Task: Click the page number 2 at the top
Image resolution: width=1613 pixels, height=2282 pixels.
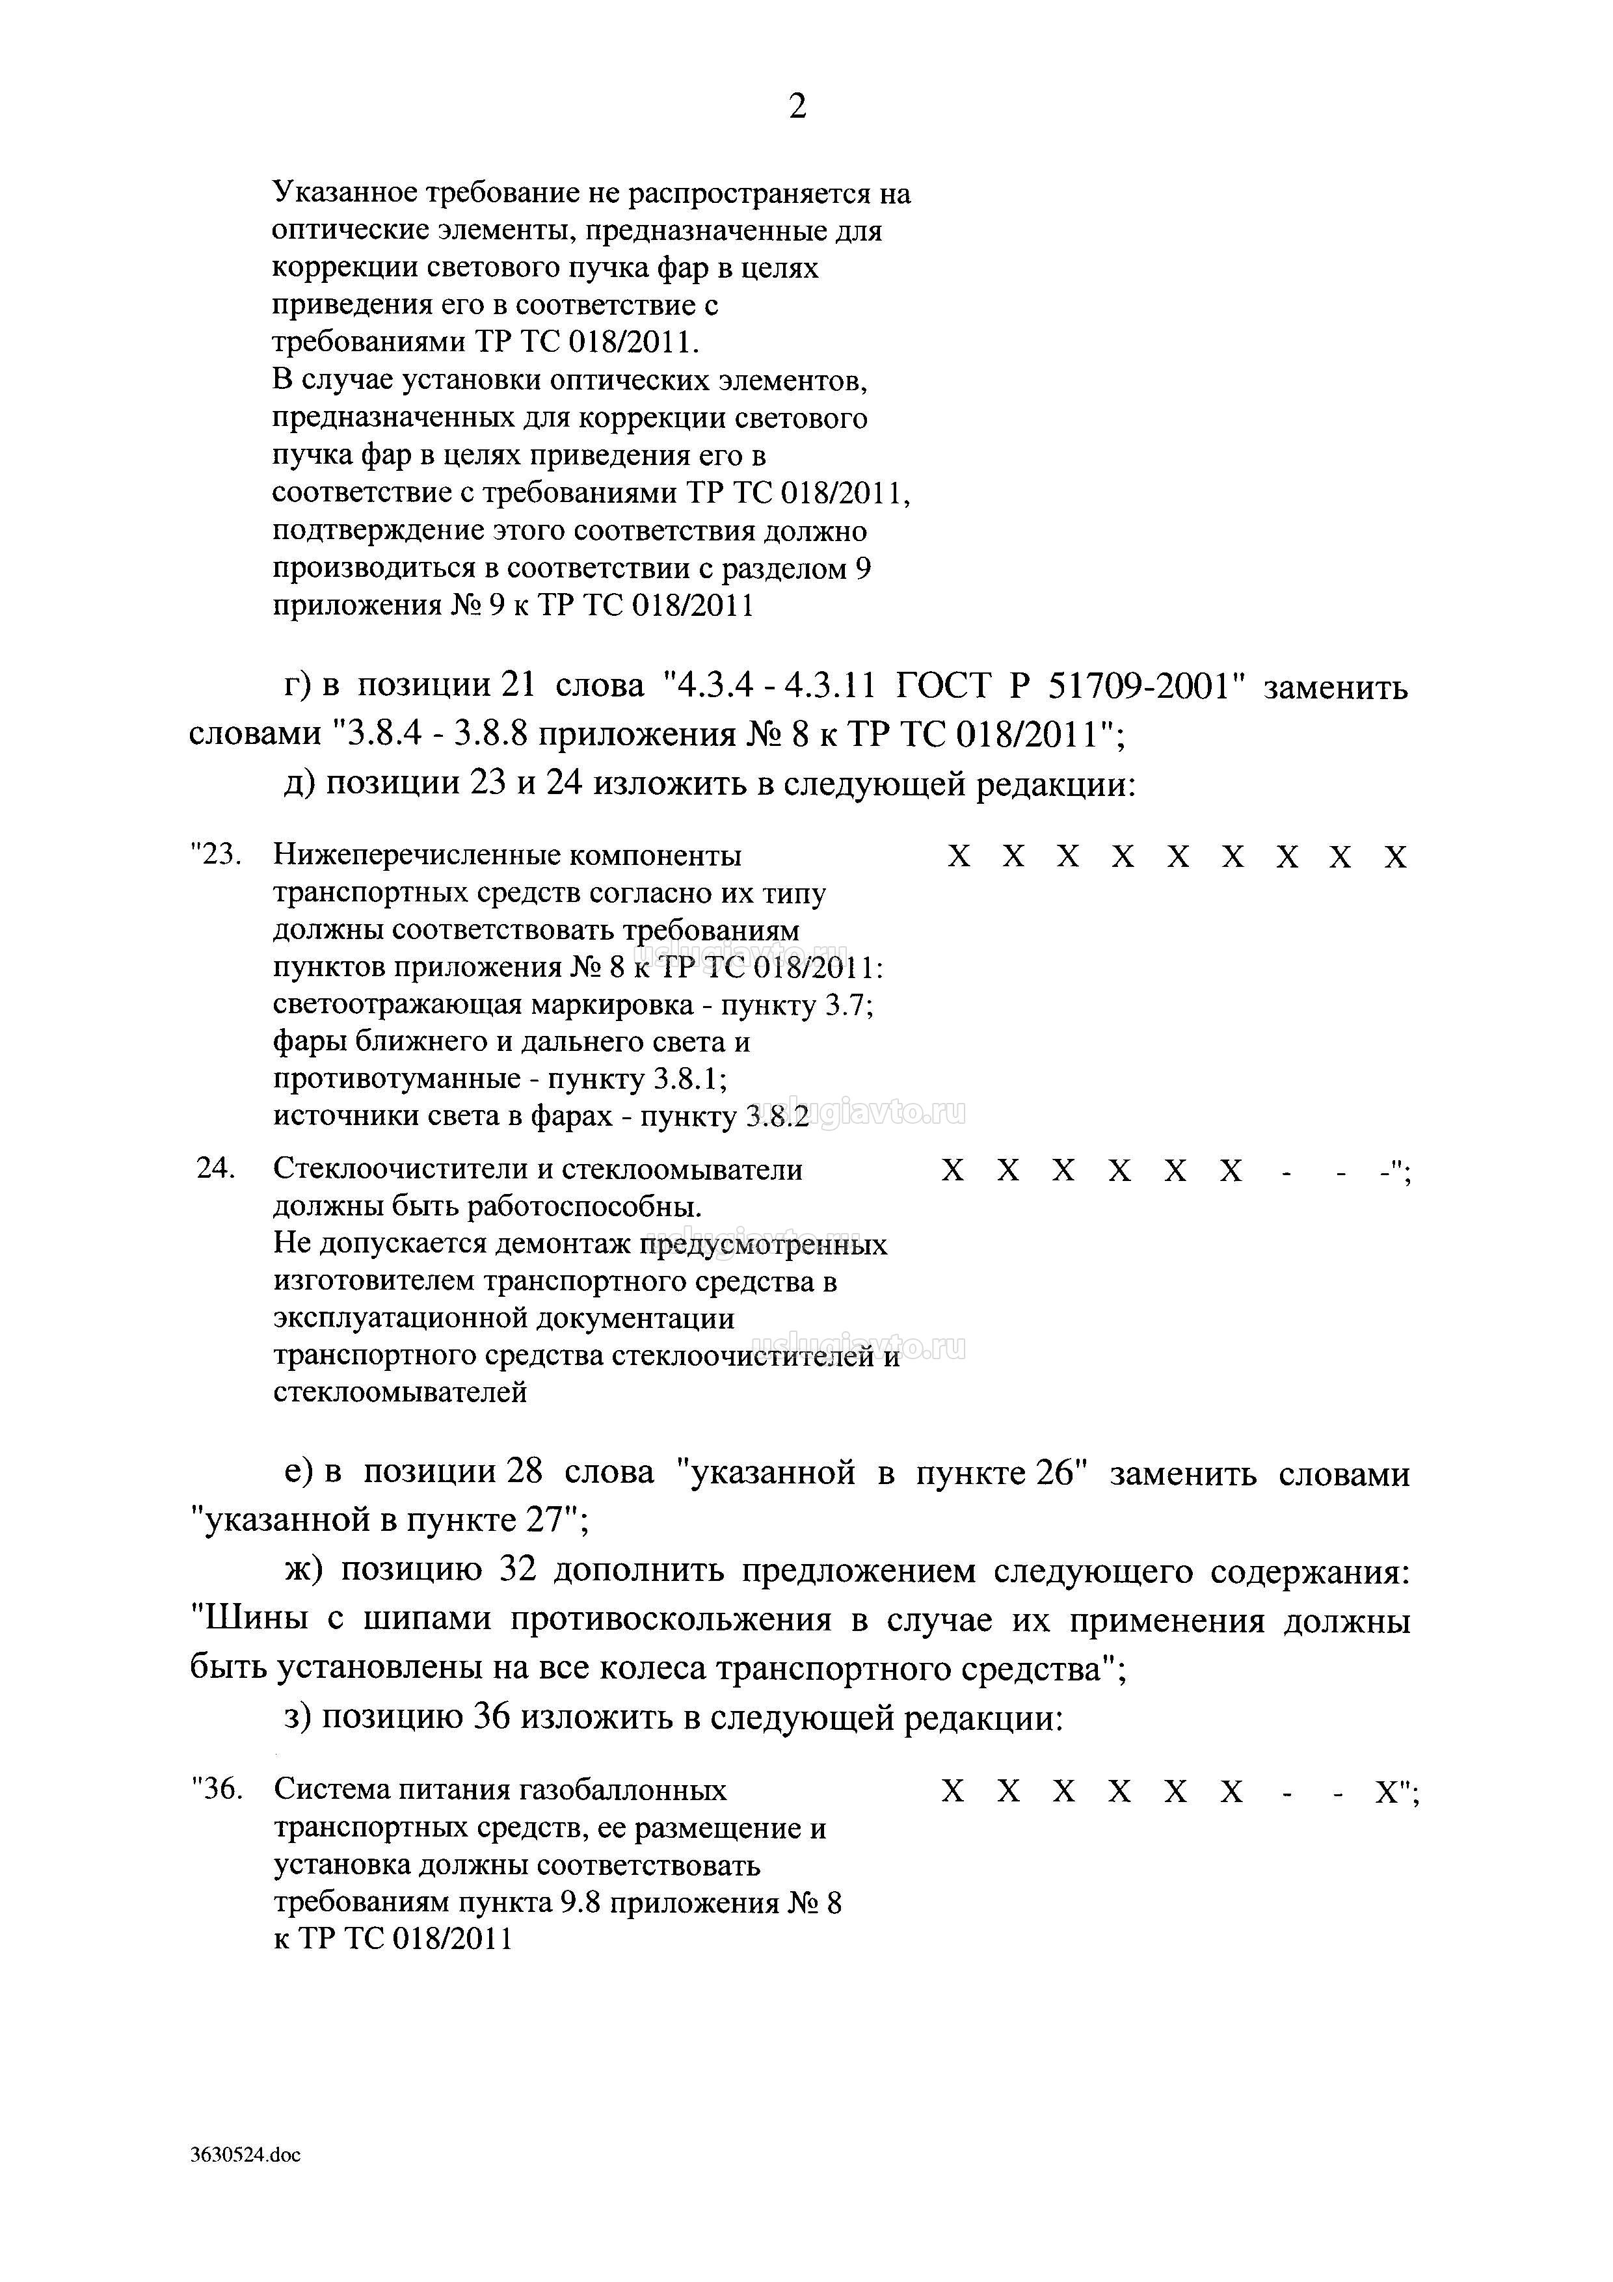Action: click(797, 105)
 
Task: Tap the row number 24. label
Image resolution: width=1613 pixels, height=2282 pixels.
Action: click(216, 1169)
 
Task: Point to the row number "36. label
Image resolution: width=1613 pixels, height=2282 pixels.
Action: click(217, 1789)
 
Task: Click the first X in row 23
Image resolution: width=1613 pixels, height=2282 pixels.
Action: click(958, 856)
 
